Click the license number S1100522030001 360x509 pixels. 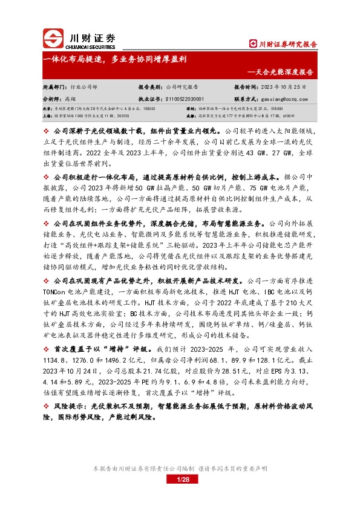click(185, 97)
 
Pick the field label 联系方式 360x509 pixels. click(246, 97)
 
